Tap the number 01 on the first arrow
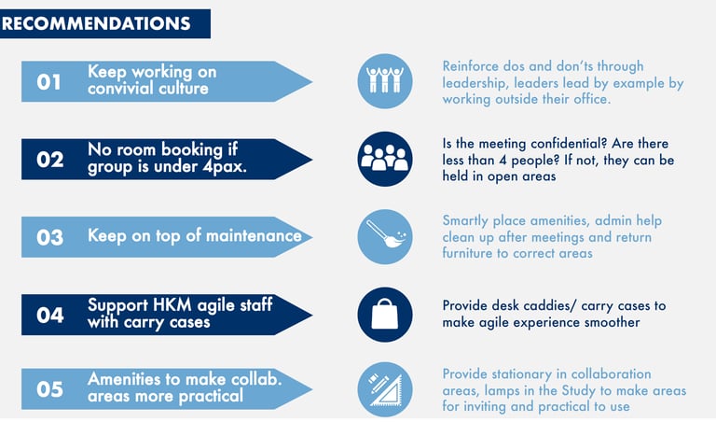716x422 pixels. (49, 82)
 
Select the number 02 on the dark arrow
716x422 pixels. (49, 160)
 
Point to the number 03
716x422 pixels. (49, 236)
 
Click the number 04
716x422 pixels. (49, 315)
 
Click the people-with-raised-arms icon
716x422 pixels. (384, 80)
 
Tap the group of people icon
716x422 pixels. (384, 158)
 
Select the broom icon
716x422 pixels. (384, 235)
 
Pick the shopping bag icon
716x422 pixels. (384, 314)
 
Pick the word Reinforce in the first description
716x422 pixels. (475, 66)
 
